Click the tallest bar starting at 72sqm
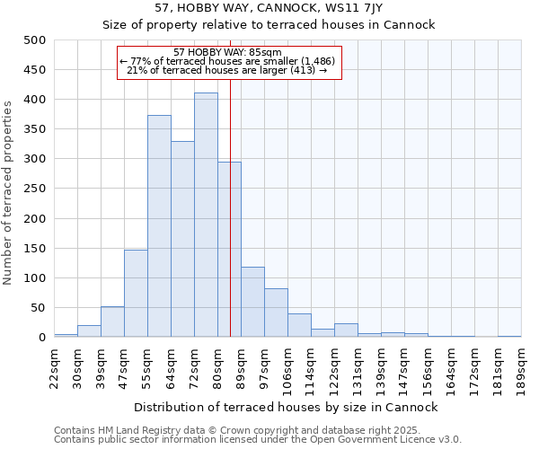click(x=206, y=216)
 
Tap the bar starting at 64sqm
click(x=182, y=239)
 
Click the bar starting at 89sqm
click(x=252, y=302)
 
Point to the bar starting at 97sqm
click(x=276, y=313)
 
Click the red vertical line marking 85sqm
click(x=230, y=224)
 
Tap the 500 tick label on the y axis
click(x=36, y=40)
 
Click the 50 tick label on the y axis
click(x=40, y=308)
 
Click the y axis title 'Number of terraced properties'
click(x=9, y=192)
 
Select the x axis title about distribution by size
click(x=287, y=407)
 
